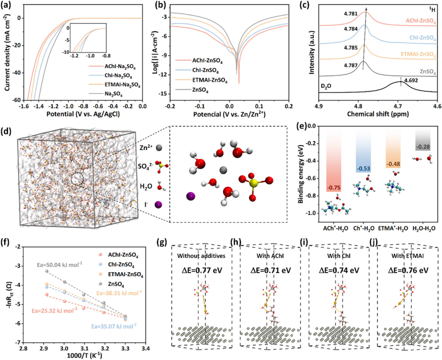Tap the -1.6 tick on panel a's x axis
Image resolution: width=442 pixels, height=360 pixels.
tap(19, 106)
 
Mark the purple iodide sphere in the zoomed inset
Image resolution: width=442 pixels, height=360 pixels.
tap(191, 196)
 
